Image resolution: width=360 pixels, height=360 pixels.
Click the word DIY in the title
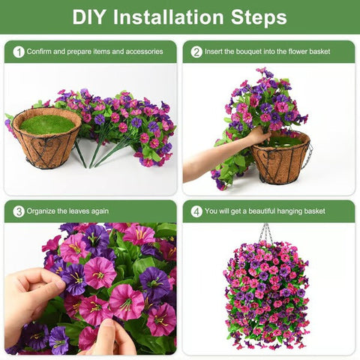click(x=89, y=17)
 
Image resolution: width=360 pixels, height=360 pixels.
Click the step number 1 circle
click(x=19, y=52)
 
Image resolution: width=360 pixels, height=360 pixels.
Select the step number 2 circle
click(x=196, y=52)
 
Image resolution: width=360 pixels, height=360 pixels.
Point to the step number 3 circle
click(x=19, y=211)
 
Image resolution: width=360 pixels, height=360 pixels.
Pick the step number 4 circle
click(x=196, y=211)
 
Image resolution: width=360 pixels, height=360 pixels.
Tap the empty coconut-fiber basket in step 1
click(x=46, y=146)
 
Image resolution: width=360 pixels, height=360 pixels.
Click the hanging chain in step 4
click(x=266, y=232)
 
